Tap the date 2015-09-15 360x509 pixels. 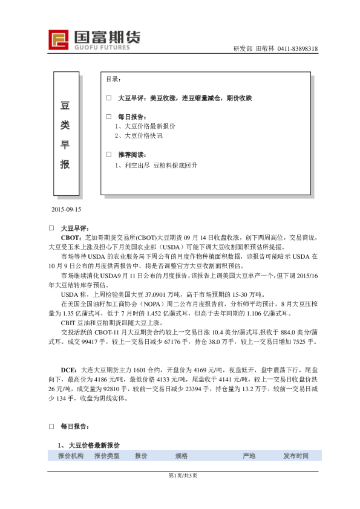[x=67, y=209]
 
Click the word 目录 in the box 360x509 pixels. [x=113, y=79]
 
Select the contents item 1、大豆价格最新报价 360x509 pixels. [x=145, y=126]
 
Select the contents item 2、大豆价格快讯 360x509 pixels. [x=139, y=135]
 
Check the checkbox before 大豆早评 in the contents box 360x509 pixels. [x=109, y=97]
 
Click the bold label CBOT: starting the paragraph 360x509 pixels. [x=71, y=238]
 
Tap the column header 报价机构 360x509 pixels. [x=71, y=455]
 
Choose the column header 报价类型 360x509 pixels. [x=106, y=455]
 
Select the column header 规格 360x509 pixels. [x=182, y=455]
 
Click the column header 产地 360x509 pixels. [x=249, y=455]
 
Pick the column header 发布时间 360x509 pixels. [x=296, y=455]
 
